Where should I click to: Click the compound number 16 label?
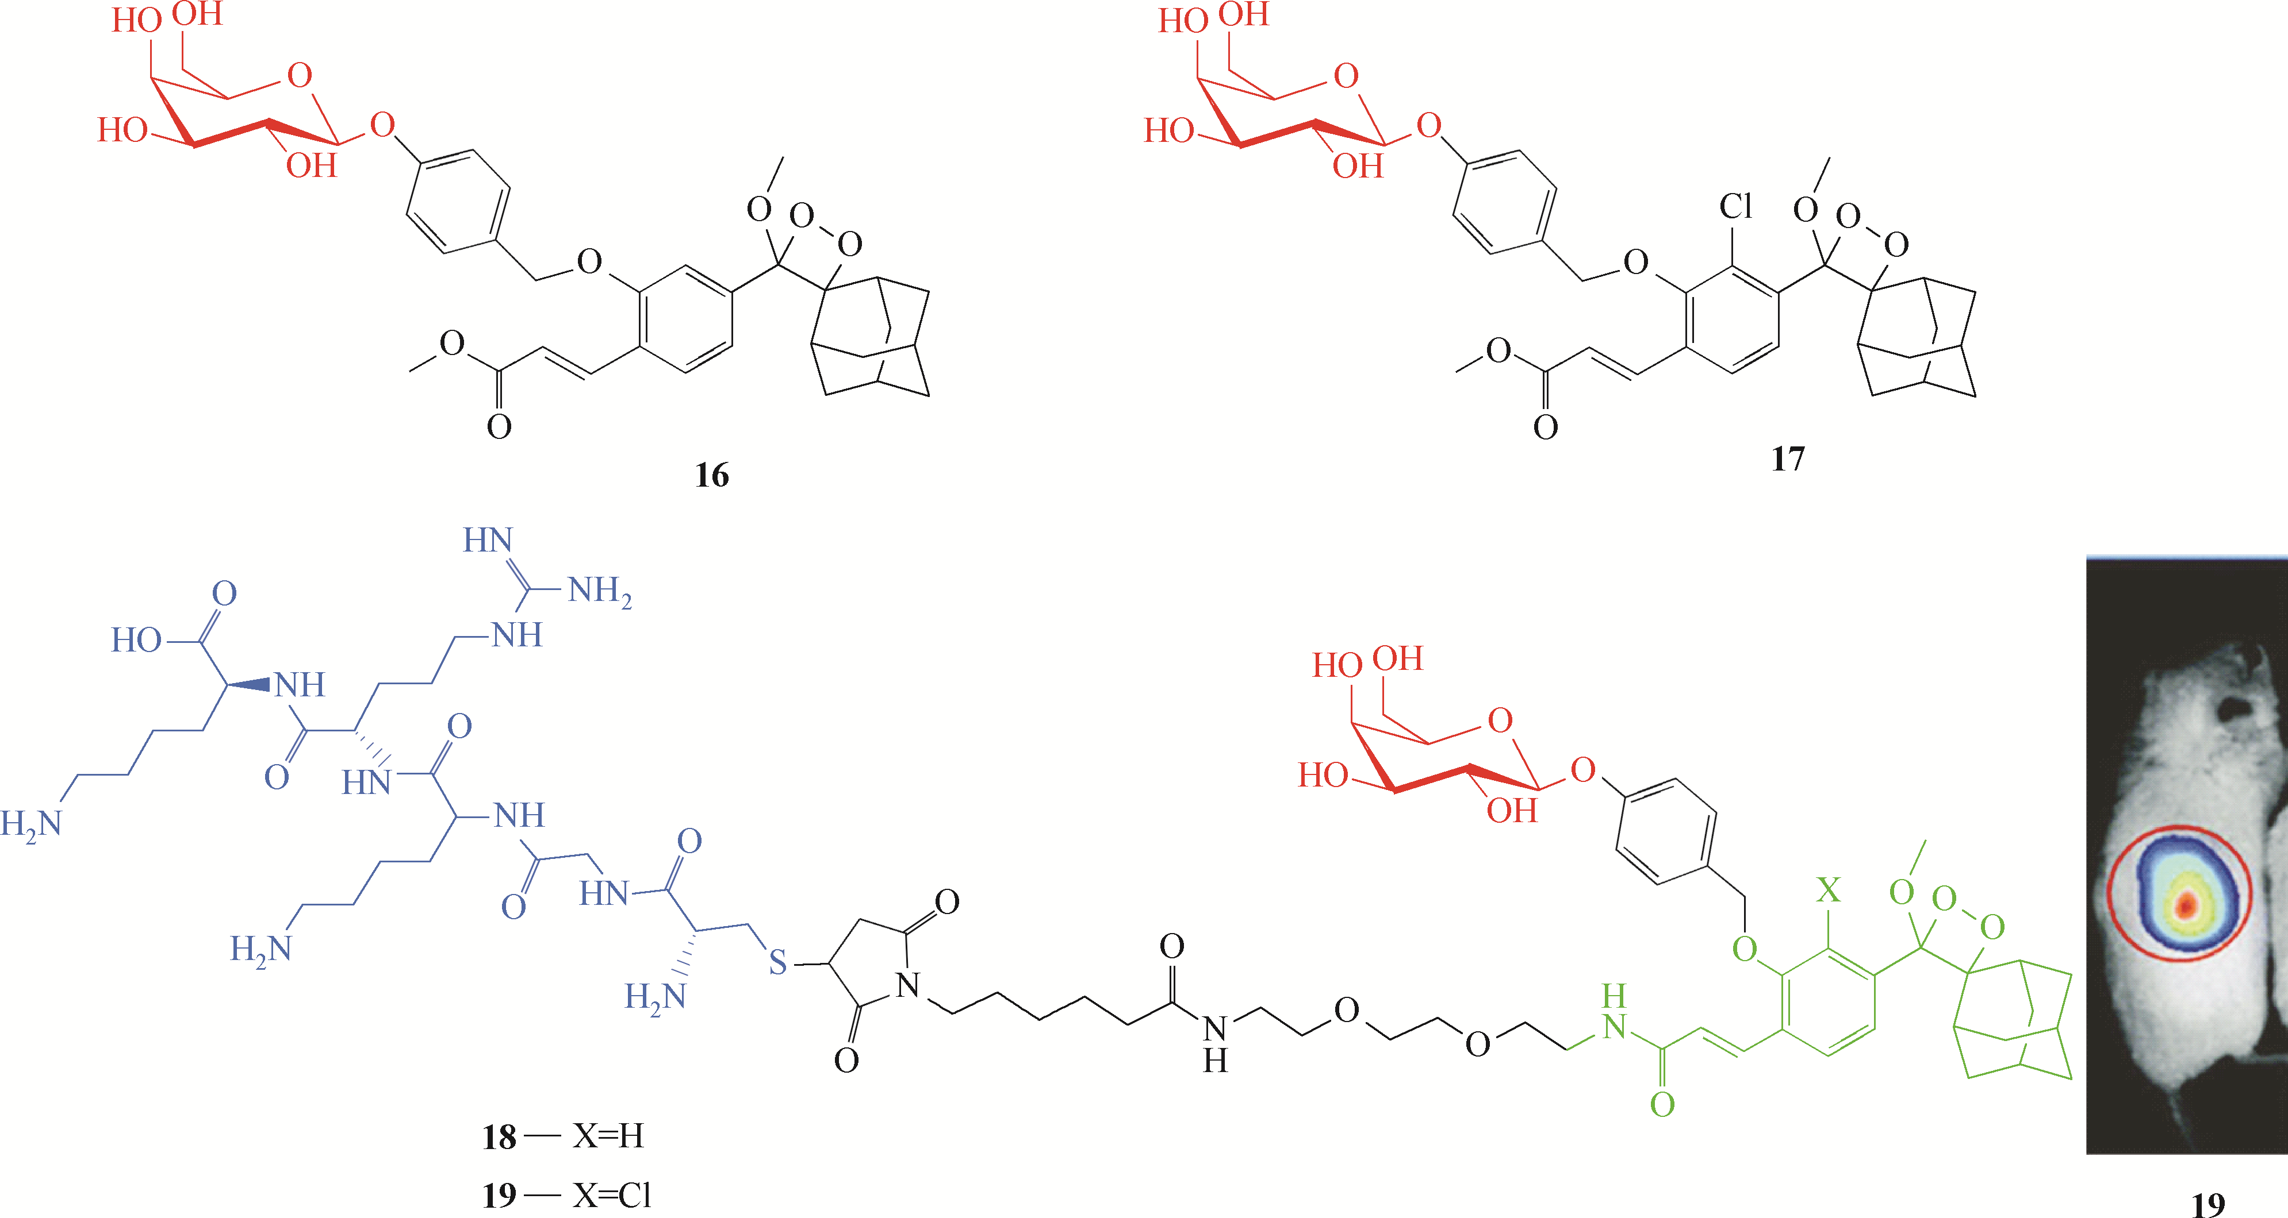pos(711,475)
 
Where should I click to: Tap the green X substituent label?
pos(1827,889)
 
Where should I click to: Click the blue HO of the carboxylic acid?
pos(136,639)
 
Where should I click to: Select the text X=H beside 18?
pos(608,1135)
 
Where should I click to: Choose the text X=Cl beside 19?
pos(612,1195)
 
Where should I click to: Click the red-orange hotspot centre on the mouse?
pos(2186,905)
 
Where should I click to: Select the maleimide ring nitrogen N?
pos(908,985)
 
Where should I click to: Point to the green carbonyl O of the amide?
pos(1662,1104)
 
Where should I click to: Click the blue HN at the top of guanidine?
pos(488,539)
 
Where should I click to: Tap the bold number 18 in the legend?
pos(499,1136)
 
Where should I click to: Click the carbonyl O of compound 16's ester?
pos(499,427)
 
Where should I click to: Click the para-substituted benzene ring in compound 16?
pos(458,202)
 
